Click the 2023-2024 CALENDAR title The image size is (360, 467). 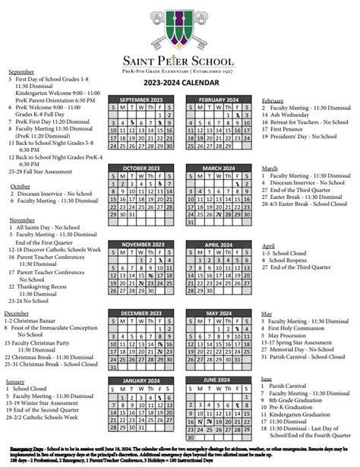(x=180, y=81)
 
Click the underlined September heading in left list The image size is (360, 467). (x=22, y=71)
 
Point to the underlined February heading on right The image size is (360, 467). (x=273, y=100)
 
